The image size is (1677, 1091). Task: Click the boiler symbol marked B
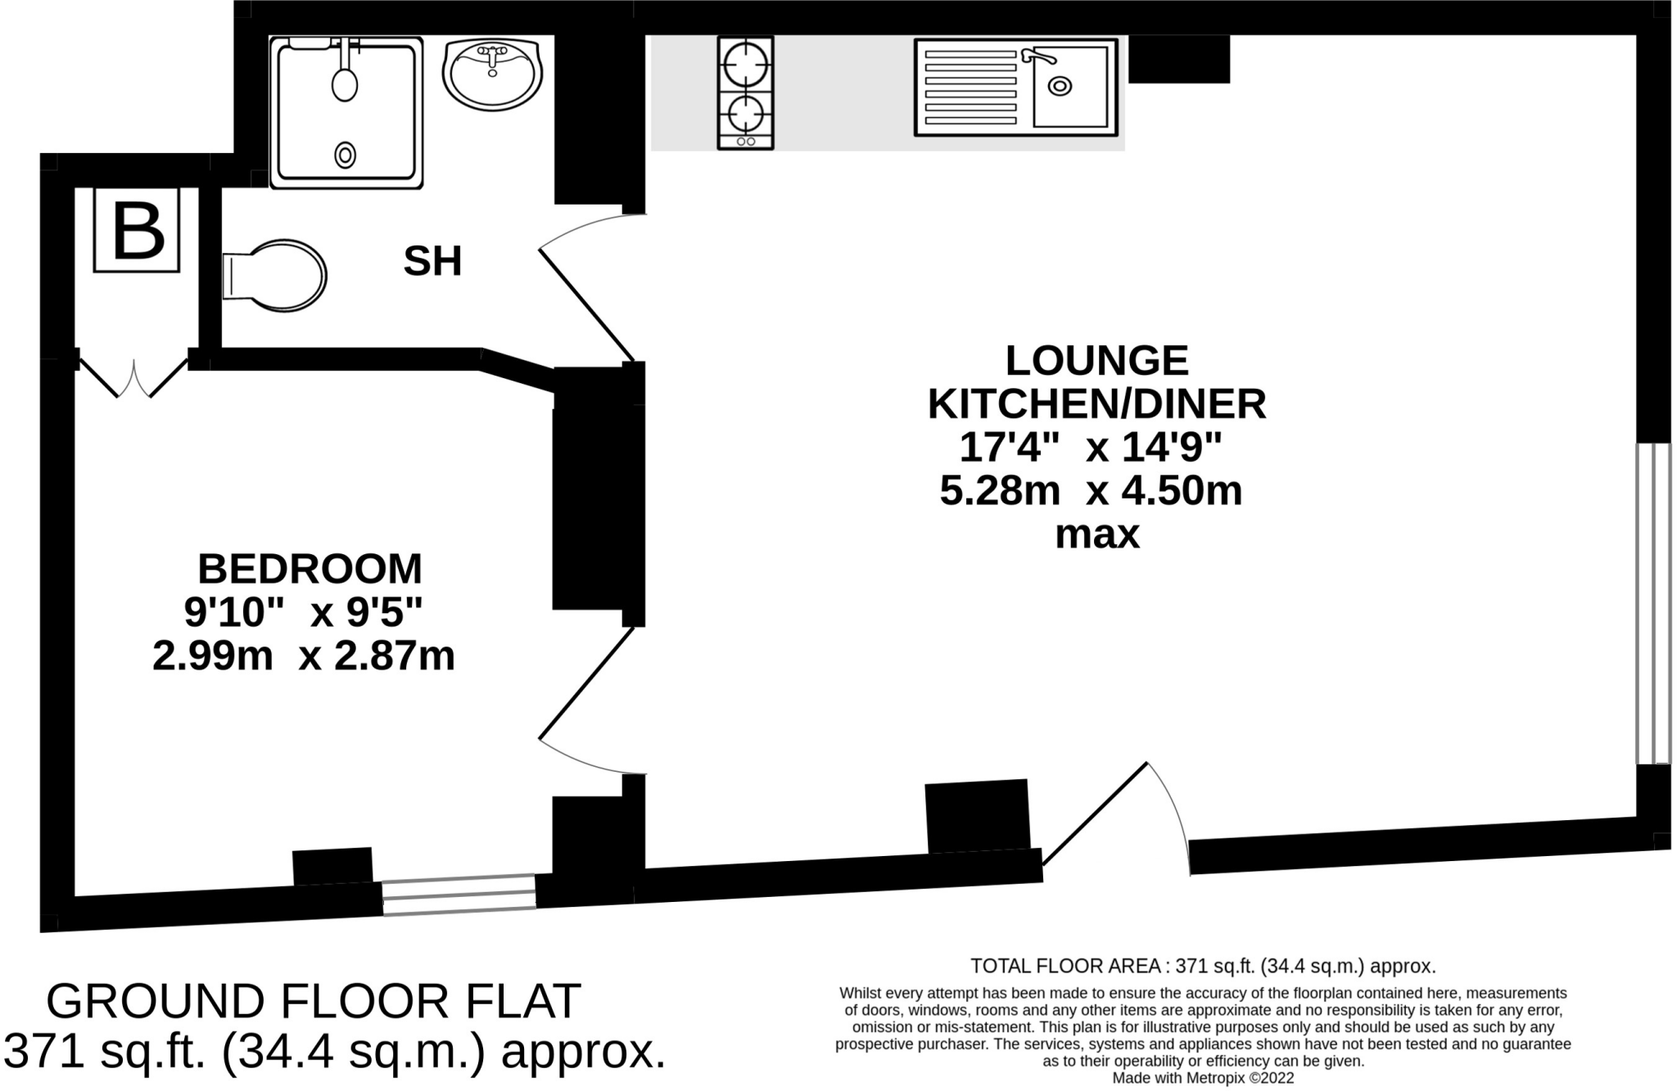pos(137,231)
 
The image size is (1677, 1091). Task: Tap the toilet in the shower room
pos(274,276)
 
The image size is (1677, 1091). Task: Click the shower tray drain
pos(346,154)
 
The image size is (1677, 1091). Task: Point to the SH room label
pos(432,262)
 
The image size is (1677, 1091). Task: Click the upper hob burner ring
pos(745,63)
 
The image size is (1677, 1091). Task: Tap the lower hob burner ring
pos(745,113)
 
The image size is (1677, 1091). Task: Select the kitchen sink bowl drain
pos(1060,85)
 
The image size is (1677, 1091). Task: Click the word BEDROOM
pos(310,569)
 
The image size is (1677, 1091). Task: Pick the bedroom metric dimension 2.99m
pos(212,656)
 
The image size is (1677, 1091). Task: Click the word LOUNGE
pos(1096,361)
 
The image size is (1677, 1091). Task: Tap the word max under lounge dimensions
pos(1097,535)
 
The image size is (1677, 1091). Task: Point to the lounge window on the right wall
pos(1652,604)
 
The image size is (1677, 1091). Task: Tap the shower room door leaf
pos(586,305)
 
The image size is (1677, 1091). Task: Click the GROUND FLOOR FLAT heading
pos(314,1001)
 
